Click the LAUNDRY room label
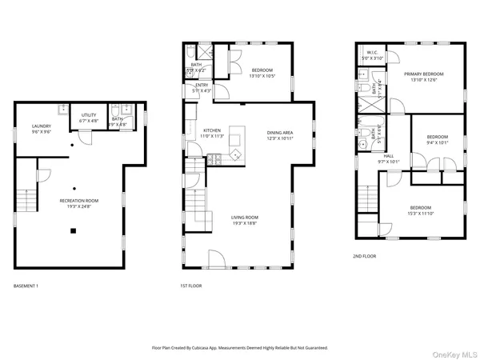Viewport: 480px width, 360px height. pos(42,126)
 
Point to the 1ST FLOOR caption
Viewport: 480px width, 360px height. pos(191,286)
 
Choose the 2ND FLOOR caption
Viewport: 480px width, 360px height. pos(365,256)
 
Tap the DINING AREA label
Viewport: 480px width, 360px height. pos(280,132)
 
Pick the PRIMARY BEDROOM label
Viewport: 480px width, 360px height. pos(424,74)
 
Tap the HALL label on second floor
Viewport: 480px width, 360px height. pos(389,156)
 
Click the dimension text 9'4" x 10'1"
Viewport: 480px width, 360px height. pos(437,143)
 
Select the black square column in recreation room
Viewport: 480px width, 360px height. pos(73,231)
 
